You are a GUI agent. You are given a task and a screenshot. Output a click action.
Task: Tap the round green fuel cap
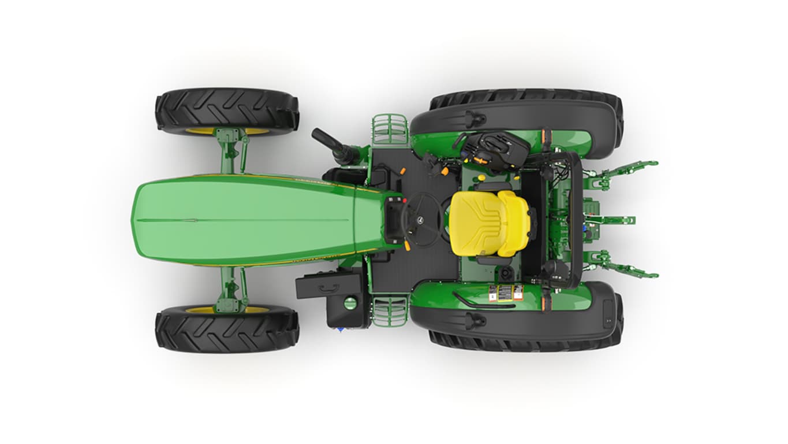point(350,302)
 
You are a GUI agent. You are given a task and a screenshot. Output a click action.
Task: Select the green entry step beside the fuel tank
point(390,311)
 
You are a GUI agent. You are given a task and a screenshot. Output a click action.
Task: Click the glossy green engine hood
point(248,220)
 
